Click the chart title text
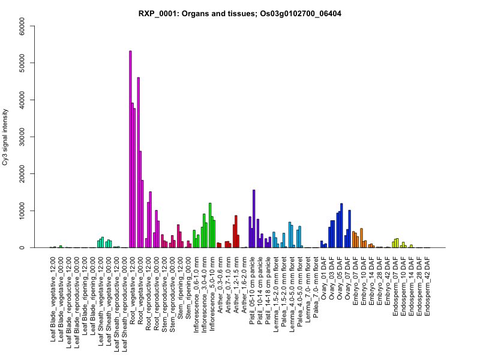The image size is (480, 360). click(239, 13)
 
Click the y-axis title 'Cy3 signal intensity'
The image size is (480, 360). click(7, 137)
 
